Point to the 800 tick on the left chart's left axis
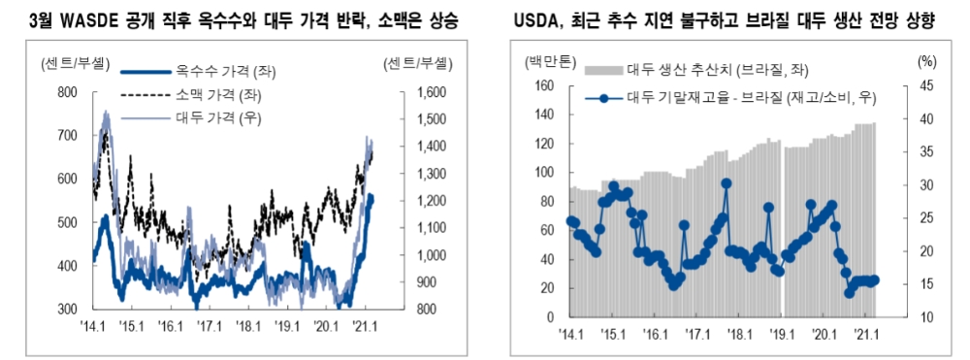(67, 92)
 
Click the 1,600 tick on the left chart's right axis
(429, 92)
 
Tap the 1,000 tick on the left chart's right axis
(429, 255)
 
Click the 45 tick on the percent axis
(926, 86)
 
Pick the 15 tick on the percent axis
(926, 284)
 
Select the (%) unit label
(927, 62)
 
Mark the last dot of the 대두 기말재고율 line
(875, 279)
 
